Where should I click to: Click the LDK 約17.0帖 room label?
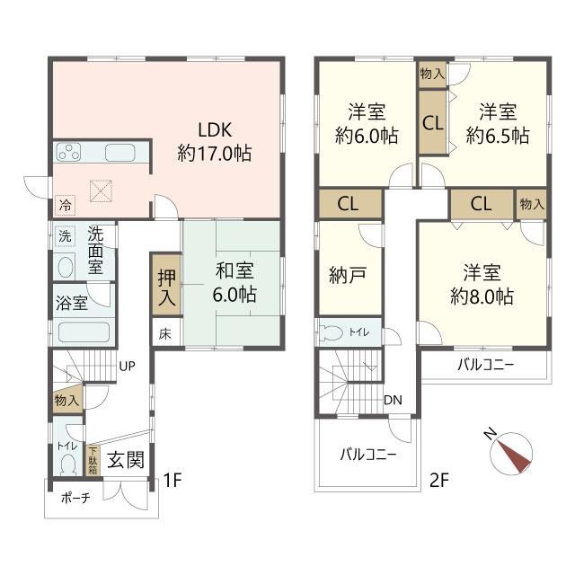pos(215,142)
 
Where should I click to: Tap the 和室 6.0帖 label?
pos(234,282)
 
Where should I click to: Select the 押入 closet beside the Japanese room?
pos(167,285)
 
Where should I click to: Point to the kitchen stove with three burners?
pos(68,152)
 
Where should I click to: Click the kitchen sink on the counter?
pos(119,153)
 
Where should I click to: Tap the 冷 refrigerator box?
pos(65,205)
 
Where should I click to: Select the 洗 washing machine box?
pos(65,235)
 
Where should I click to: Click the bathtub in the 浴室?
pos(84,332)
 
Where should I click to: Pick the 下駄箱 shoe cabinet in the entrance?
pos(93,460)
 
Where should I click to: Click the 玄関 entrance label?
pos(126,460)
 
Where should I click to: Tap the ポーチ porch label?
pos(75,498)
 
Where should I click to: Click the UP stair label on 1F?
pos(127,366)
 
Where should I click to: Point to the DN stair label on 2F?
pos(393,400)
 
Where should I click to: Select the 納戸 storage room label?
pos(348,275)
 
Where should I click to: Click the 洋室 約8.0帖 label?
pos(482,284)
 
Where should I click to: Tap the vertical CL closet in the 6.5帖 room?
pos(433,122)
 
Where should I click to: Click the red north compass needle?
pos(514,456)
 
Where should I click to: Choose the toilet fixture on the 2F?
pos(331,332)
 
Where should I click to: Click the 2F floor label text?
pos(439,480)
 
